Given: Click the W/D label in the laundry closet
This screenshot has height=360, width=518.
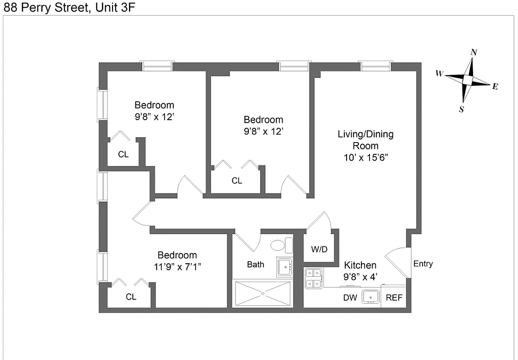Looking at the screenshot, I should click(x=319, y=249).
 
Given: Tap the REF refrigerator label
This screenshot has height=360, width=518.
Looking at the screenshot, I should click(x=394, y=298).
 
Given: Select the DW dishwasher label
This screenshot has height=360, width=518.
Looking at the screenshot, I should click(x=350, y=298).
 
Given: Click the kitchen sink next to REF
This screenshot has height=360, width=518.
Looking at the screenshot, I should click(x=371, y=297).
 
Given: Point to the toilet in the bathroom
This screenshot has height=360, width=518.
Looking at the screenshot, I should click(x=282, y=246).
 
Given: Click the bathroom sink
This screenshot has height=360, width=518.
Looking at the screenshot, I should click(x=284, y=267).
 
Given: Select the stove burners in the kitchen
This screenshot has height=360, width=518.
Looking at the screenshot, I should click(x=313, y=278).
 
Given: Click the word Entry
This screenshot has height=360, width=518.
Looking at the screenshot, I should click(x=423, y=264).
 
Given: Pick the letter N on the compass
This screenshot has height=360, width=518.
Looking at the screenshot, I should click(x=474, y=52).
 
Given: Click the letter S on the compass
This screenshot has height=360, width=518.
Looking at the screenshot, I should click(x=462, y=109).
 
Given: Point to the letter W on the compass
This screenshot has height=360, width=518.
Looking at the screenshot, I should click(x=439, y=73).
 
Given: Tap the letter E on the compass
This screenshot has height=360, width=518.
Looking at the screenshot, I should click(x=495, y=86).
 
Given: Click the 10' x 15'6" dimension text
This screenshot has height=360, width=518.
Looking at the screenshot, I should click(x=365, y=157).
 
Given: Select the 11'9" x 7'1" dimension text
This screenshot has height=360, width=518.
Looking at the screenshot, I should click(x=177, y=266).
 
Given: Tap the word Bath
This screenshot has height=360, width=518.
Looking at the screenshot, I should click(x=256, y=265).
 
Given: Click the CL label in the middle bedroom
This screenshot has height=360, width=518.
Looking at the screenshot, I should click(x=237, y=181).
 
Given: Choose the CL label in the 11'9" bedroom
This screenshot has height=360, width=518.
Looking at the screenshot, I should click(x=131, y=297).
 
